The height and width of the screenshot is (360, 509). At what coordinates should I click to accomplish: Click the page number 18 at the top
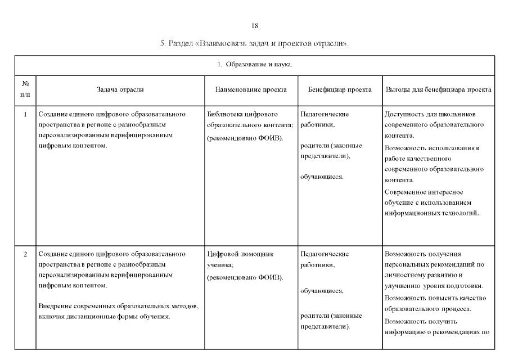pyautogui.click(x=255, y=26)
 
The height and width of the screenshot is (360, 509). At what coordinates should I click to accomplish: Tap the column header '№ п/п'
pyautogui.click(x=25, y=89)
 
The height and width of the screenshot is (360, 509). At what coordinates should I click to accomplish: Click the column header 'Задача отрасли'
pyautogui.click(x=120, y=89)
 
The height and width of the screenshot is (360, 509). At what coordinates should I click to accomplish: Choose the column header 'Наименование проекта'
pyautogui.click(x=251, y=89)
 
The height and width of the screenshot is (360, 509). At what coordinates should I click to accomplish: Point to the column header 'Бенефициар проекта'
pyautogui.click(x=339, y=89)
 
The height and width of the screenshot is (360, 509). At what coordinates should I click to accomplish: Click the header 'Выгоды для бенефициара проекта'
pyautogui.click(x=438, y=89)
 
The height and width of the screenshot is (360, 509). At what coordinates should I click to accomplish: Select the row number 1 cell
pyautogui.click(x=25, y=114)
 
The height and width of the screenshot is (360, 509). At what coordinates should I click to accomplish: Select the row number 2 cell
pyautogui.click(x=25, y=254)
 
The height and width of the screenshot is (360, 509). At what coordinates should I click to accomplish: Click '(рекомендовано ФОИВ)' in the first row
pyautogui.click(x=245, y=138)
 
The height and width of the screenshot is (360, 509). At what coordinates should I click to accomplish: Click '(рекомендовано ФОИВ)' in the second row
pyautogui.click(x=245, y=277)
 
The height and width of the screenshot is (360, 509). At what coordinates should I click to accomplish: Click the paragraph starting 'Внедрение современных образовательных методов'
pyautogui.click(x=118, y=311)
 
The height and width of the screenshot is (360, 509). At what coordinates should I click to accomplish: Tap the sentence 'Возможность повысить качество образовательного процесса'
pyautogui.click(x=435, y=303)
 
